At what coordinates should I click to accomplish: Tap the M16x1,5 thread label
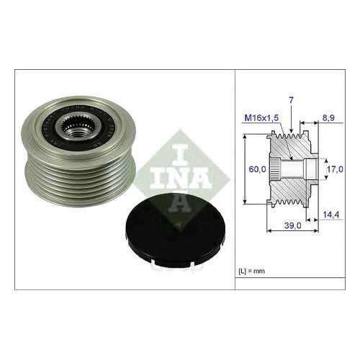pyautogui.click(x=261, y=118)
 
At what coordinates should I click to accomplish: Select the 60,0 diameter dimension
pyautogui.click(x=257, y=169)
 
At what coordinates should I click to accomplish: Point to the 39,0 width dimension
pyautogui.click(x=292, y=225)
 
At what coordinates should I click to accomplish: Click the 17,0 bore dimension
pyautogui.click(x=335, y=169)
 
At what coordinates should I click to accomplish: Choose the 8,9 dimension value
pyautogui.click(x=328, y=118)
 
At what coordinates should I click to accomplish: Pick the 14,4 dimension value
pyautogui.click(x=331, y=215)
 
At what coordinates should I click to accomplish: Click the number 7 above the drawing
pyautogui.click(x=291, y=100)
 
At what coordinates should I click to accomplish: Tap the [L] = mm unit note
pyautogui.click(x=252, y=271)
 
